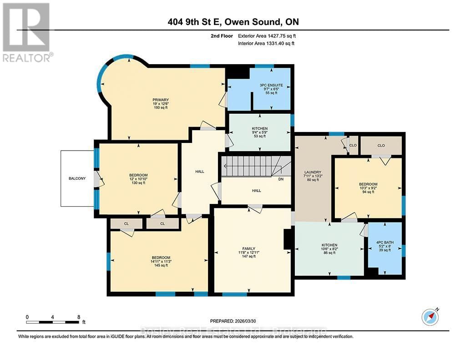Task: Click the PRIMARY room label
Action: [x=161, y=100]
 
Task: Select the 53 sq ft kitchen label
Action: [x=260, y=129]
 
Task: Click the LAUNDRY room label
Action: [x=313, y=172]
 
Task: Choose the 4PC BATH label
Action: [x=384, y=242]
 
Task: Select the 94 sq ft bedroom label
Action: [x=368, y=184]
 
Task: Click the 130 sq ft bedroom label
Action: [x=138, y=175]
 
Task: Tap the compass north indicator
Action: [x=430, y=316]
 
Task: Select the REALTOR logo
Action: [x=27, y=32]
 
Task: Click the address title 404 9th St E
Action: [x=233, y=22]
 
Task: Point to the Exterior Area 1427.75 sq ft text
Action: [x=269, y=35]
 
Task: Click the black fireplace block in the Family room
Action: [x=288, y=239]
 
